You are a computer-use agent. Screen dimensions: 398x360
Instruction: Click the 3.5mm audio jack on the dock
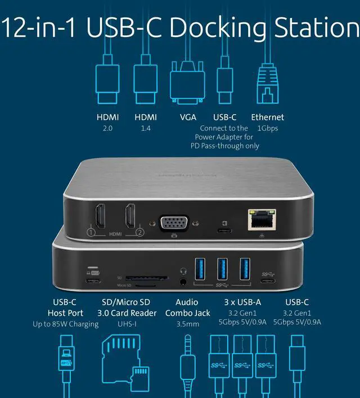(183, 279)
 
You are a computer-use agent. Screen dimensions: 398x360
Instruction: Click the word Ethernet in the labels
(267, 117)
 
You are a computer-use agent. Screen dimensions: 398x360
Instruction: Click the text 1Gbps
(267, 128)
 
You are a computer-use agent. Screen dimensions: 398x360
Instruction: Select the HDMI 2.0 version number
(107, 128)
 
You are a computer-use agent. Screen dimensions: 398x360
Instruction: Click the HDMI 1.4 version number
(145, 128)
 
